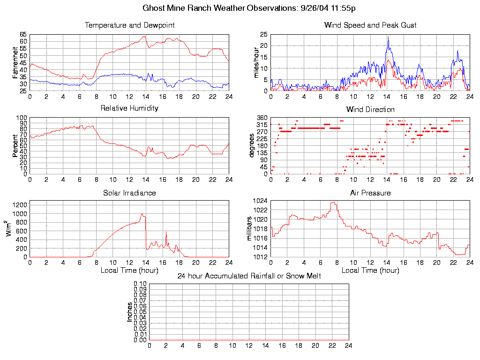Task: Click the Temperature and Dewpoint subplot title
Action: pyautogui.click(x=129, y=25)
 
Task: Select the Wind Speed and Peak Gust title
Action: pyautogui.click(x=370, y=25)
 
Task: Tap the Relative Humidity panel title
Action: pyautogui.click(x=129, y=108)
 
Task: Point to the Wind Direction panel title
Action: pyautogui.click(x=370, y=110)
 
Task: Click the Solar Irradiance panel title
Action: pyautogui.click(x=129, y=193)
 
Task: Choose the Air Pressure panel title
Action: pyautogui.click(x=370, y=193)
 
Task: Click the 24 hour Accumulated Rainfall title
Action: pyautogui.click(x=249, y=276)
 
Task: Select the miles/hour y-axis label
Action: pyautogui.click(x=256, y=63)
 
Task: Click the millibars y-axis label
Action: pyautogui.click(x=250, y=229)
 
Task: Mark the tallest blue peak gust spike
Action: pyautogui.click(x=388, y=37)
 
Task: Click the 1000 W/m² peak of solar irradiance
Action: pyautogui.click(x=142, y=214)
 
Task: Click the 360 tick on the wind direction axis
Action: pyautogui.click(x=262, y=118)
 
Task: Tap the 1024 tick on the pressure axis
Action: pyautogui.click(x=261, y=201)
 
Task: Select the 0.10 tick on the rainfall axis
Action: pyautogui.click(x=140, y=284)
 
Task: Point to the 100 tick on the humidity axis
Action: pyautogui.click(x=22, y=118)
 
